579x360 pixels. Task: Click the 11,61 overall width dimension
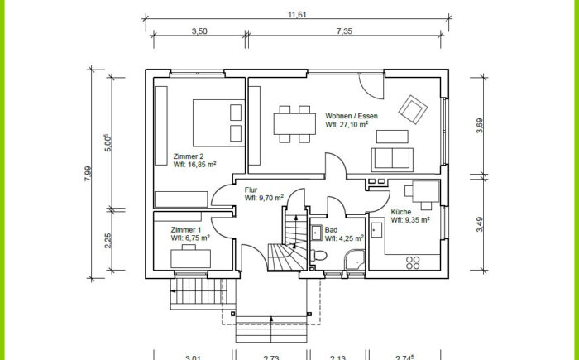pos(297,15)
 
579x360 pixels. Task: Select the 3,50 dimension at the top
pos(199,31)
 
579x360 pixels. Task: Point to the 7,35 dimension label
pos(344,31)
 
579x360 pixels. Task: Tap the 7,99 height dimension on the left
pos(88,174)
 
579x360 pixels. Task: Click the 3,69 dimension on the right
pos(479,126)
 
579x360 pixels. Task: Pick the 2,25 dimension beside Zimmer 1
pos(108,241)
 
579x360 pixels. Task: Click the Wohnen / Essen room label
pos(352,116)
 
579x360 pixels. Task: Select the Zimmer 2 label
pos(189,156)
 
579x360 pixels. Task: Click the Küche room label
pos(401,212)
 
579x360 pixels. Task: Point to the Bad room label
pos(331,230)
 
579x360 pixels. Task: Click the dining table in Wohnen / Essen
pos(294,124)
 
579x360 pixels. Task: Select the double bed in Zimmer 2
pos(218,122)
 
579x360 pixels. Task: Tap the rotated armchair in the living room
pos(413,109)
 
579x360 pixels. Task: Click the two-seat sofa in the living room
pos(392,160)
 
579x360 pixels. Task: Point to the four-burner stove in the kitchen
pos(413,263)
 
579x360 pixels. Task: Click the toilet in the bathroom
pos(318,255)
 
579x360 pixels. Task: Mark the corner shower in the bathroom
pos(355,260)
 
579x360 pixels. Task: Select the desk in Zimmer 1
pos(190,257)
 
